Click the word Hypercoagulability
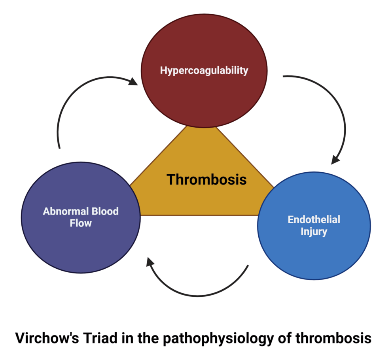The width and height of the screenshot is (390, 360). (204, 71)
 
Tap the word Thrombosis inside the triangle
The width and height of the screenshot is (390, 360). (206, 179)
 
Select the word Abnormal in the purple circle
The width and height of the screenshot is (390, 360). (66, 211)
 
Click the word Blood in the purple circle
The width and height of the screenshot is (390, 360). (105, 211)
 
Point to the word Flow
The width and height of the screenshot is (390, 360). (81, 223)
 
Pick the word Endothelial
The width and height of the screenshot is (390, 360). (314, 219)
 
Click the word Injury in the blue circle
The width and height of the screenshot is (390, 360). (314, 232)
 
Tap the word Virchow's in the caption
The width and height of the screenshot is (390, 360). (47, 338)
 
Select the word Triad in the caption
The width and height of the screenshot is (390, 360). (100, 338)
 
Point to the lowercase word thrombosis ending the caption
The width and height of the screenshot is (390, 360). (333, 338)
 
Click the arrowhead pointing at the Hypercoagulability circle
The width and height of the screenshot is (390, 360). (133, 81)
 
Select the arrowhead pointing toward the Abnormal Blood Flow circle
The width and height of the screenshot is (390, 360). (150, 262)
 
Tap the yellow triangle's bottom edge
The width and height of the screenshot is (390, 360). (199, 215)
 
